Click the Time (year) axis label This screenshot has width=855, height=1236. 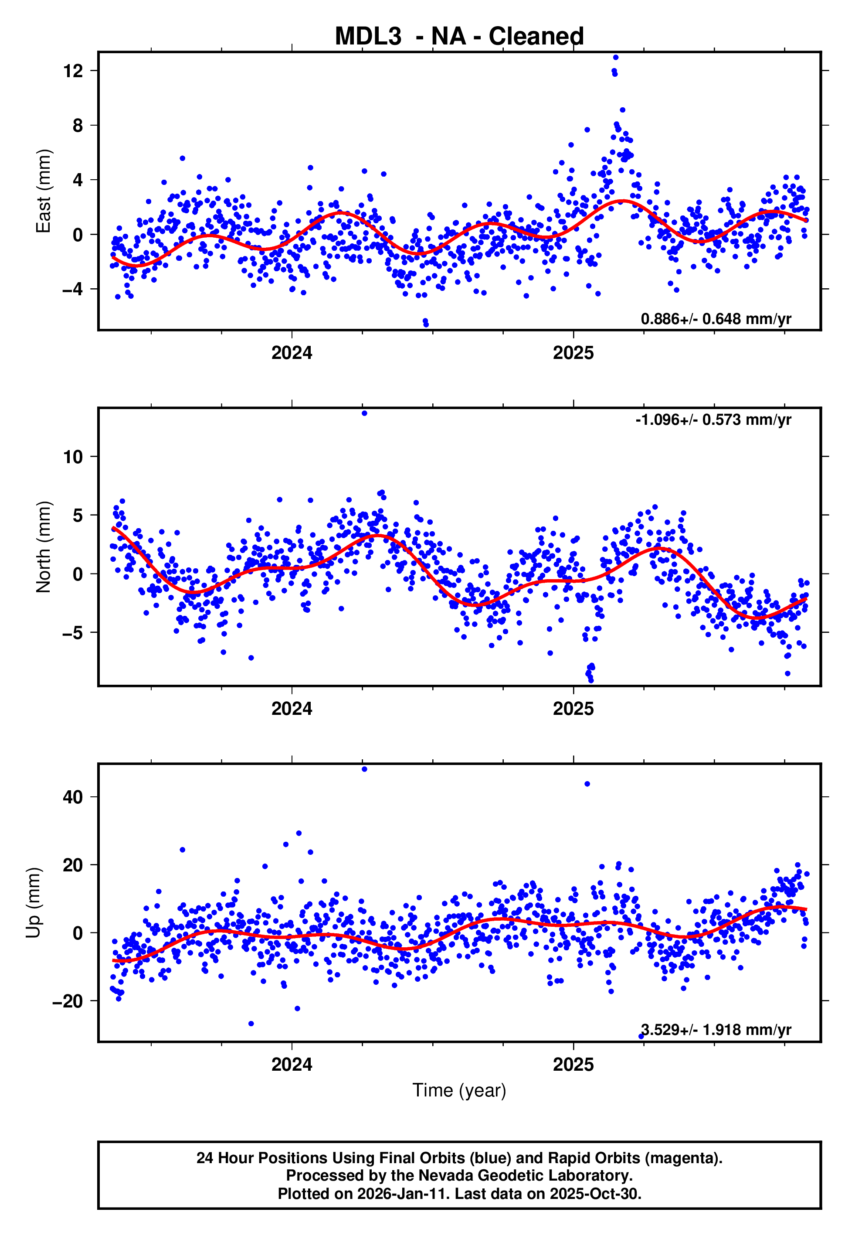point(459,1090)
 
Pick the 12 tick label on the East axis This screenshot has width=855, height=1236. point(73,71)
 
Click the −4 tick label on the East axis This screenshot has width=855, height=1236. point(73,290)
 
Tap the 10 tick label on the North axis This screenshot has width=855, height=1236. point(73,457)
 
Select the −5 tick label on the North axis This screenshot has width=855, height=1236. point(73,632)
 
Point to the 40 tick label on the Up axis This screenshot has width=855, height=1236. point(73,797)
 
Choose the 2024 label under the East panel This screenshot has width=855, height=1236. point(292,353)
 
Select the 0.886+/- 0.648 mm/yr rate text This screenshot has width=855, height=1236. point(716,319)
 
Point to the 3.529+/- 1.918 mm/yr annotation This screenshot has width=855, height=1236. point(716,1030)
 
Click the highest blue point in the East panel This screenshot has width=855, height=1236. point(615,57)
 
